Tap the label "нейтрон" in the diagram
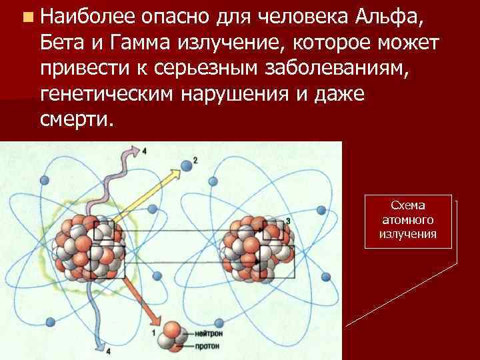[201, 331]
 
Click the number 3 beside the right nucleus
[287, 221]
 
